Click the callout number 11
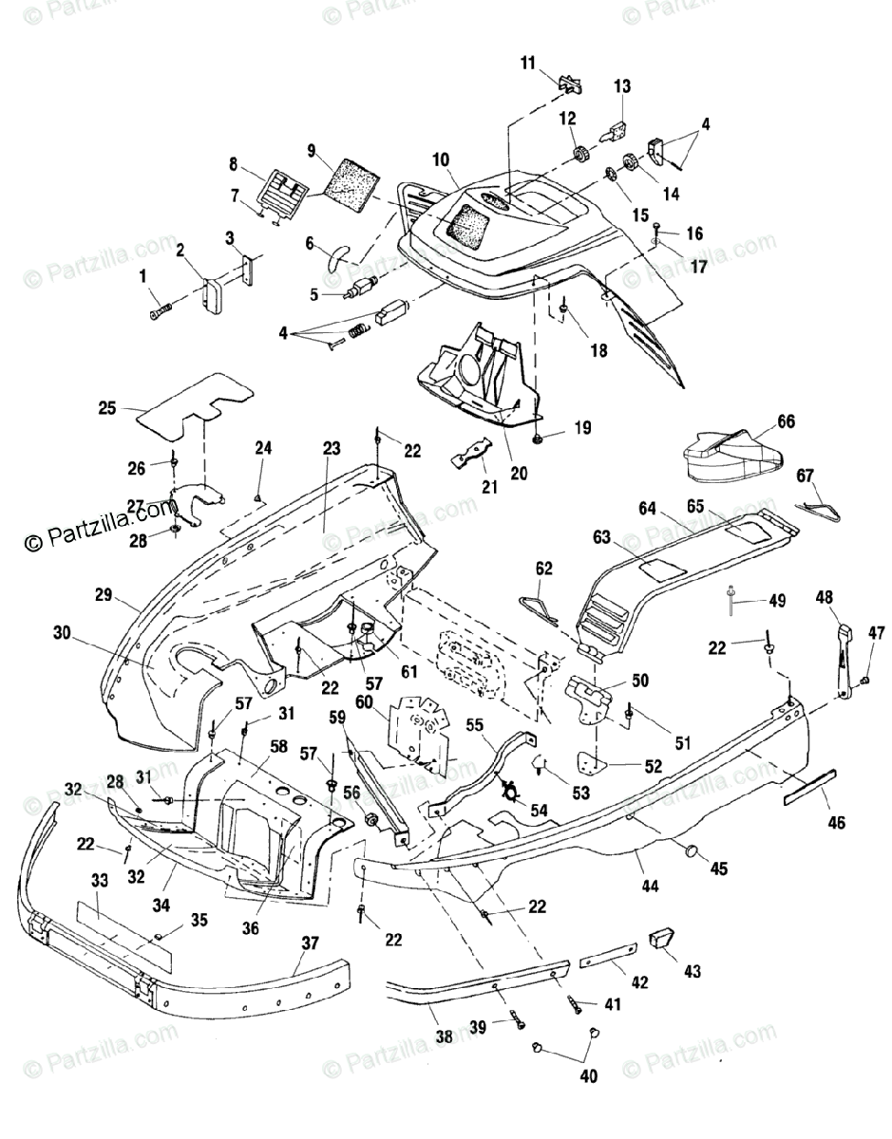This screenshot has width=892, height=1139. (x=528, y=63)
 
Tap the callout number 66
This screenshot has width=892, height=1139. (x=786, y=421)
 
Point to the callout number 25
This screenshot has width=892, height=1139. (x=107, y=408)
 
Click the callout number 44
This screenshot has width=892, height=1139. (x=650, y=886)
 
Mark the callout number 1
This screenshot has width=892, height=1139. (x=143, y=275)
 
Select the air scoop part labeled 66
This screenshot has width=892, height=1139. (x=735, y=456)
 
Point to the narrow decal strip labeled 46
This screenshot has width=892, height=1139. (x=809, y=787)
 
